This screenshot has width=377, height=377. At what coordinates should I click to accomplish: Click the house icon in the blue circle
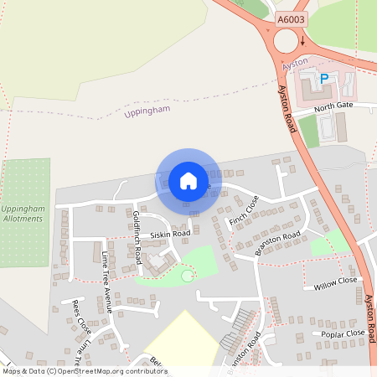[188, 180]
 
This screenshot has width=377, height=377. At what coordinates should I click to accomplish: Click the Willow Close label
[335, 282]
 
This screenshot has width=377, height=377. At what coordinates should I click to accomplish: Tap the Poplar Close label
[343, 333]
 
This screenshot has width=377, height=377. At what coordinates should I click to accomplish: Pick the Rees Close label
[81, 314]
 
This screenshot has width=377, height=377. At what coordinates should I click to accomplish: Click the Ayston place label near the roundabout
[296, 65]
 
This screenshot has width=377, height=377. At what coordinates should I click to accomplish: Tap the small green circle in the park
[187, 276]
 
